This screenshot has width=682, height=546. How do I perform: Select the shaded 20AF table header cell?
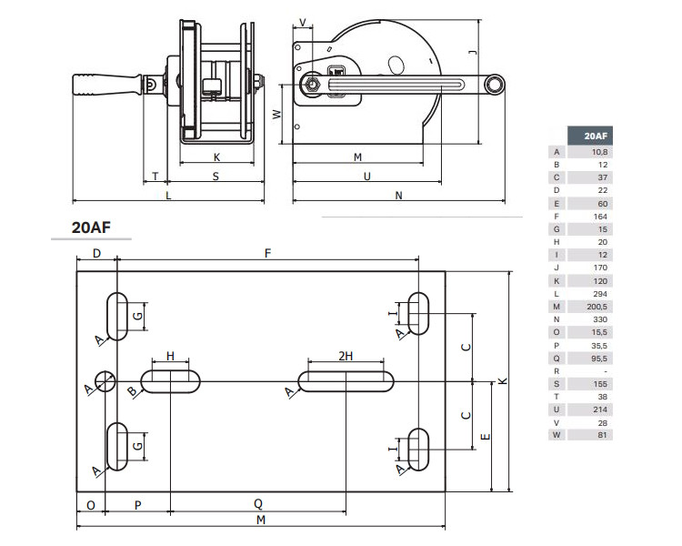[x=588, y=136]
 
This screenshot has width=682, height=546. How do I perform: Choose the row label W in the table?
[x=557, y=435]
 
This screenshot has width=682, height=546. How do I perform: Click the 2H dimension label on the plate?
[x=346, y=356]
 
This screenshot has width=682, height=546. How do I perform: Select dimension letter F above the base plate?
[x=267, y=254]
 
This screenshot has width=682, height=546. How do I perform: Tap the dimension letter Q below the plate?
[x=257, y=503]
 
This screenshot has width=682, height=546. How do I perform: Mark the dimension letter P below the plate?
[x=137, y=503]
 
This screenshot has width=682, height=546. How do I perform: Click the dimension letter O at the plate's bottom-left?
[x=91, y=503]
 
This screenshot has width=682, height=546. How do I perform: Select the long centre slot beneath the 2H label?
[x=346, y=381]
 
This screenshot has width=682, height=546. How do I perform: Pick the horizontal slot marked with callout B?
[x=170, y=381]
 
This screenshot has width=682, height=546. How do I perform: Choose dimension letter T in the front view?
[x=155, y=177]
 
